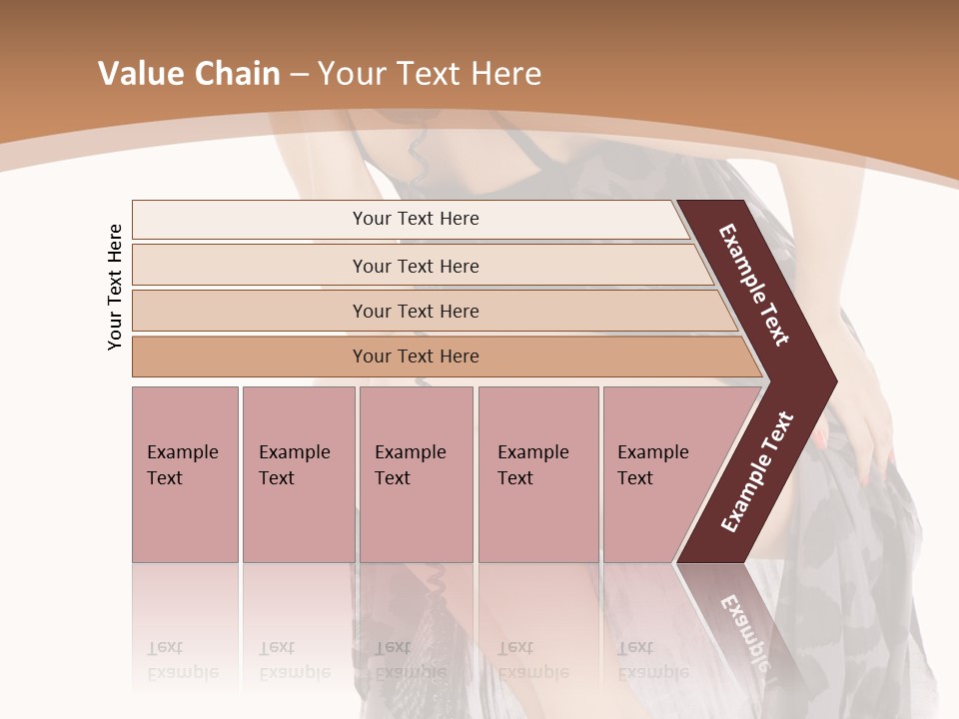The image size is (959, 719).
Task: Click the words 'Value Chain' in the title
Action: click(189, 74)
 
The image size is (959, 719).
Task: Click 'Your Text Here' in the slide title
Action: click(430, 74)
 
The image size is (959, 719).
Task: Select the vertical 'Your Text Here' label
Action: click(116, 287)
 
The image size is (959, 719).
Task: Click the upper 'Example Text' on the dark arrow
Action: click(755, 285)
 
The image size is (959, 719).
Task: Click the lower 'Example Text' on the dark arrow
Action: click(757, 471)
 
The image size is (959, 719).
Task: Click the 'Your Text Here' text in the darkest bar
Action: click(416, 357)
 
